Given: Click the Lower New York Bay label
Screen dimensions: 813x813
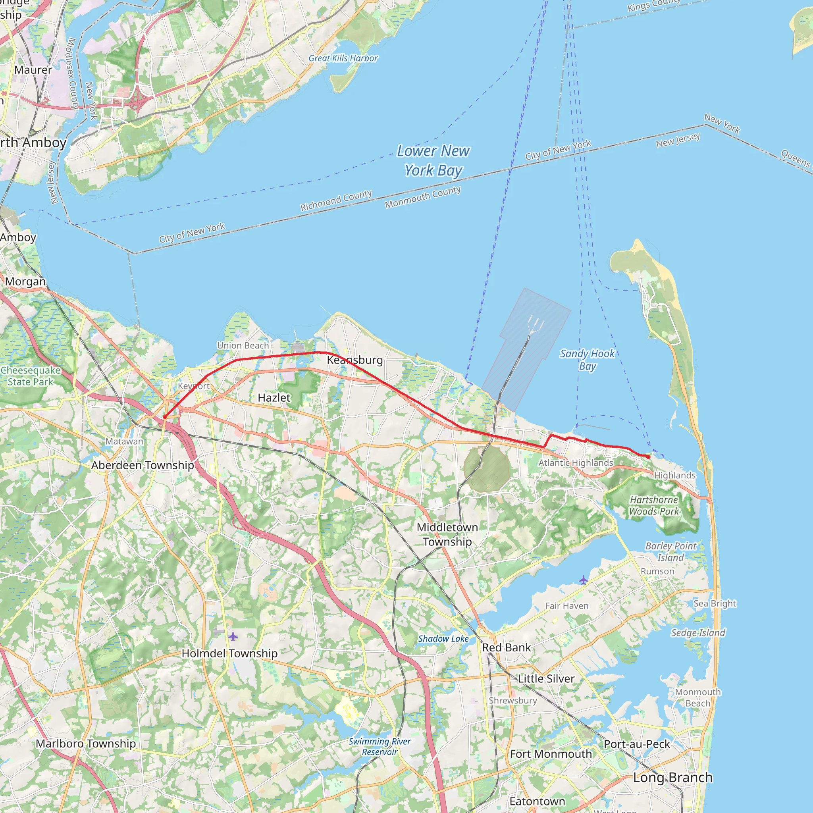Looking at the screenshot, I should (433, 161).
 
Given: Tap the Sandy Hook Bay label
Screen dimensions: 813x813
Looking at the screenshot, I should (587, 359).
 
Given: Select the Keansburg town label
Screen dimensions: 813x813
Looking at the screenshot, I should (355, 360).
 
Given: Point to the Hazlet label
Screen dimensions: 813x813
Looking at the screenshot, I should (274, 398).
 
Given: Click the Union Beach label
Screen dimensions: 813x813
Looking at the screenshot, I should (243, 345).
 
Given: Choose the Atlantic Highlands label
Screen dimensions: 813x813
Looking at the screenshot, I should (576, 462).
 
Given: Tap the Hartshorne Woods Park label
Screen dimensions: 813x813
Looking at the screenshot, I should (654, 505).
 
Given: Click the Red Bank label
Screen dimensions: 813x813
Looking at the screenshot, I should (506, 647).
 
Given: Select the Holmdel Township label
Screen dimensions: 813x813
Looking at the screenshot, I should (229, 653).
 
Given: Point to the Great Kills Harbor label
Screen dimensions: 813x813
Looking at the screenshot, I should (343, 58).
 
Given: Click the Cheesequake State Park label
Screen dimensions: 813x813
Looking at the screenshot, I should (31, 376).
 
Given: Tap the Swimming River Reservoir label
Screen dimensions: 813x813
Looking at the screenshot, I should (379, 747).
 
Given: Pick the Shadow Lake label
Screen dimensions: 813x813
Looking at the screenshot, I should (443, 638).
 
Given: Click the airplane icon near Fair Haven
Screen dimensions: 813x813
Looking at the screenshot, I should (583, 580).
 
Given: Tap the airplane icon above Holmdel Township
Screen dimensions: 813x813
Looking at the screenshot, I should (233, 636).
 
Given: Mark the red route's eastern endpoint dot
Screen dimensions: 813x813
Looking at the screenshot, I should (648, 457).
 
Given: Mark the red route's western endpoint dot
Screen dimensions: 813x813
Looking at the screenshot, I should (164, 417).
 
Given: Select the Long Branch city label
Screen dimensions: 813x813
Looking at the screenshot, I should (672, 777).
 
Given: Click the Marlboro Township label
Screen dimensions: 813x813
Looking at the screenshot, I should (86, 743).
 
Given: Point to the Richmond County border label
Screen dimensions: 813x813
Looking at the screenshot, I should (336, 200).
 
